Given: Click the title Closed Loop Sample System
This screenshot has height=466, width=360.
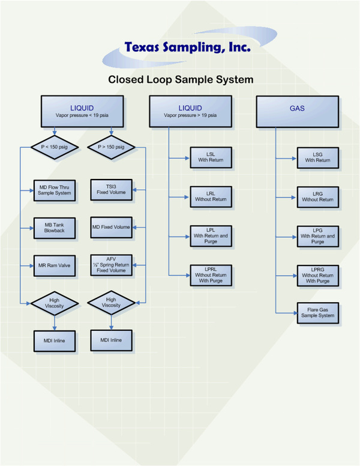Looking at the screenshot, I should pyautogui.click(x=180, y=79).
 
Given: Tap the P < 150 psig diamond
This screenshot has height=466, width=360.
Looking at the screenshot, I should pyautogui.click(x=54, y=146).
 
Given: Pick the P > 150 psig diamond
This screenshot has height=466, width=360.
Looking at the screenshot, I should pyautogui.click(x=111, y=146).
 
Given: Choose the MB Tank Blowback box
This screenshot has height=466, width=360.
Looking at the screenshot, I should pyautogui.click(x=54, y=228).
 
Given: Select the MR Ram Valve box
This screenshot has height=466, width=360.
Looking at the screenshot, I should pyautogui.click(x=54, y=265).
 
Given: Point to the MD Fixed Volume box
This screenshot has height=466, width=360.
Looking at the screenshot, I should pyautogui.click(x=111, y=227).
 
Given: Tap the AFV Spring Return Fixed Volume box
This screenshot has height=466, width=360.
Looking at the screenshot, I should pyautogui.click(x=111, y=265).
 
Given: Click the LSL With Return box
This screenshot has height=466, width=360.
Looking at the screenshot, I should pyautogui.click(x=210, y=157).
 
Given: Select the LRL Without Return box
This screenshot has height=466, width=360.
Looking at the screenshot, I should pyautogui.click(x=210, y=196).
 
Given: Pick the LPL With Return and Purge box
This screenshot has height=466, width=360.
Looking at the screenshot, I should pyautogui.click(x=210, y=235).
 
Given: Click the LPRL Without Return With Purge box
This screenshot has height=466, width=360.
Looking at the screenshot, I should pyautogui.click(x=210, y=274).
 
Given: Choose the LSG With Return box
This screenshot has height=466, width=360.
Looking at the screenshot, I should pyautogui.click(x=317, y=157).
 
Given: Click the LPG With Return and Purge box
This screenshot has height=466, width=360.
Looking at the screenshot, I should pyautogui.click(x=317, y=235).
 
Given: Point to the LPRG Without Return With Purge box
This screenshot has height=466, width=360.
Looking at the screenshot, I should pyautogui.click(x=317, y=274).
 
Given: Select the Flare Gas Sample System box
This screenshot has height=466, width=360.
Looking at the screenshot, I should pyautogui.click(x=317, y=312).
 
